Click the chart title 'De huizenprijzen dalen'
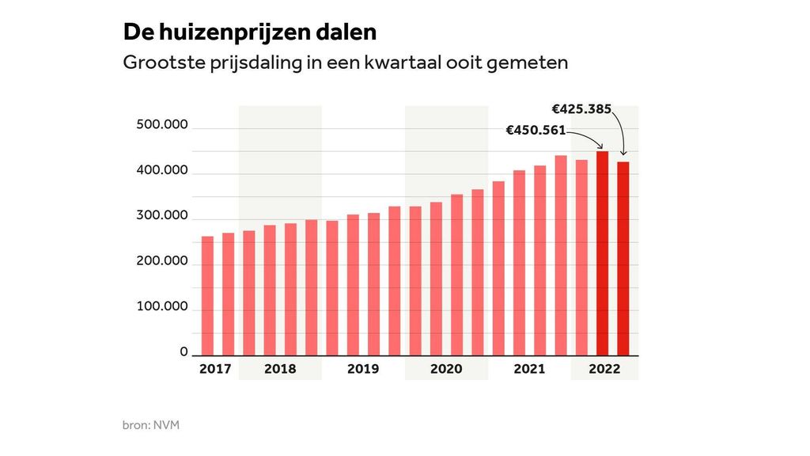[x=249, y=32]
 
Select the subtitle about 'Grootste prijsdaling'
[x=345, y=63]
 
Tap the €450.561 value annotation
[x=537, y=131]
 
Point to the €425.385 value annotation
[x=581, y=109]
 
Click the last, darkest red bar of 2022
[x=623, y=258]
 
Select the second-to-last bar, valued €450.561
[x=603, y=253]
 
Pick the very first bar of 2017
[x=207, y=295]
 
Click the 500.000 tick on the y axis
[x=162, y=125]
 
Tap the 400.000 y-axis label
[x=162, y=171]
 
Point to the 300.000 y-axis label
[x=162, y=216]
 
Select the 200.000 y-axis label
[x=162, y=261]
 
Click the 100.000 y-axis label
[x=162, y=306]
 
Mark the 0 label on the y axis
[x=184, y=351]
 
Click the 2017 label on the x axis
[x=215, y=369]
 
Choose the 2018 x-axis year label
[x=280, y=369]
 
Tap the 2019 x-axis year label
[x=363, y=369]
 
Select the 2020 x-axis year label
[x=446, y=369]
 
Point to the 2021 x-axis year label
[x=529, y=369]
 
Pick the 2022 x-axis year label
[x=604, y=369]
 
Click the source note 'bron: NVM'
[x=150, y=426]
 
